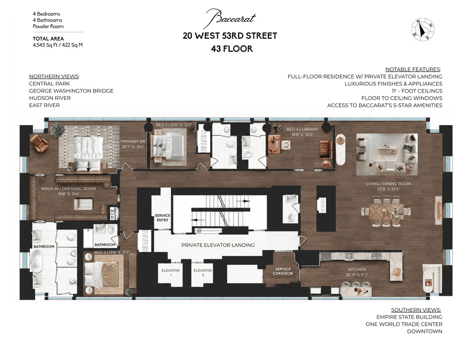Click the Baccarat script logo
pyautogui.click(x=229, y=19)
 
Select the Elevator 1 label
pyautogui.click(x=171, y=273)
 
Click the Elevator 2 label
pyautogui.click(x=203, y=273)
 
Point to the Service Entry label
pyautogui.click(x=162, y=218)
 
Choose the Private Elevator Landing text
pyautogui.click(x=218, y=245)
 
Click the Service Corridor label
pyautogui.click(x=283, y=271)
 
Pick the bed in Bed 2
pyautogui.click(x=101, y=274)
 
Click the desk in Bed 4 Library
pyautogui.click(x=274, y=144)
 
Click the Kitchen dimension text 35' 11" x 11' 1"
pyautogui.click(x=357, y=275)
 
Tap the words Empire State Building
pyautogui.click(x=409, y=317)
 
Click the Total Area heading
pyautogui.click(x=48, y=39)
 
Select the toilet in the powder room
pyautogui.click(x=291, y=218)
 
